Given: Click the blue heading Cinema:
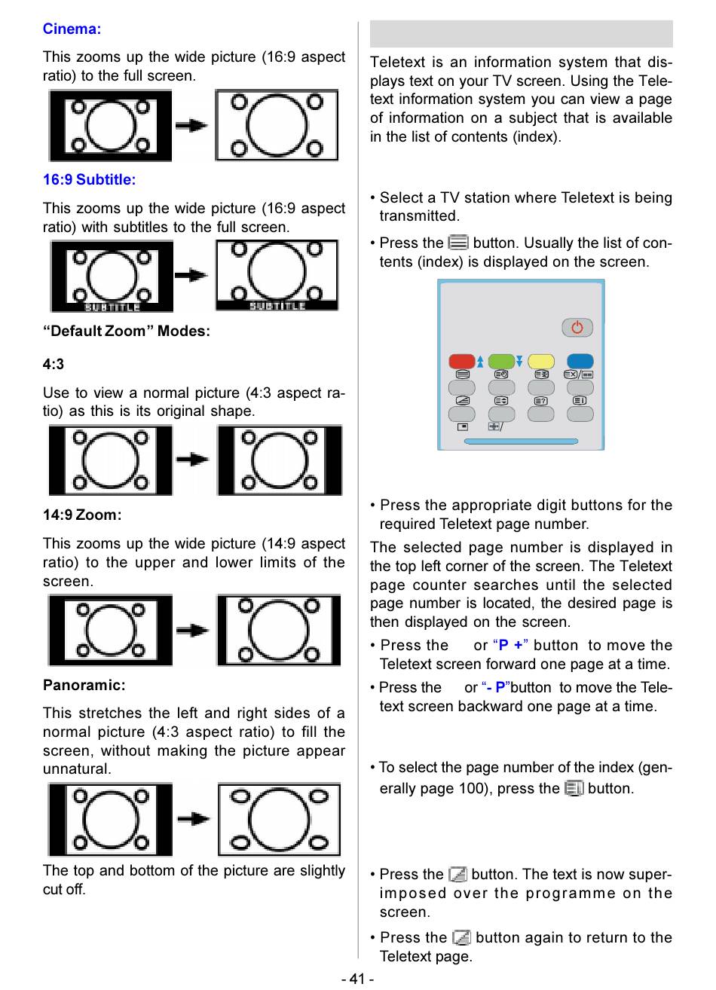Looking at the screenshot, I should (72, 29).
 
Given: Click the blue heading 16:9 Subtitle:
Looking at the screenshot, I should (89, 180).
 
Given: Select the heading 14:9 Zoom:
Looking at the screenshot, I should (82, 515).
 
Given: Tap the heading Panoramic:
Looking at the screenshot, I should (84, 686).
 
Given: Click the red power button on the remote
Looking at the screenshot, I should (577, 328).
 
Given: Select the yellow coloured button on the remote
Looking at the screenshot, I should (541, 361).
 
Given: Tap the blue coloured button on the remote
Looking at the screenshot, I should (580, 361).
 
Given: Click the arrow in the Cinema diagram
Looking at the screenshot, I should (192, 125).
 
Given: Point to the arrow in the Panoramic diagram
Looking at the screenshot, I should (194, 818).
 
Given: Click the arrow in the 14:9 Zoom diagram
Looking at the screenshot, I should (194, 630).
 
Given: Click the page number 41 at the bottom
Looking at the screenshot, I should (357, 979).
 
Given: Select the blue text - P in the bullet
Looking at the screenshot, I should (496, 688).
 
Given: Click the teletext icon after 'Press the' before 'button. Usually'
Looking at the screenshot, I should (457, 243).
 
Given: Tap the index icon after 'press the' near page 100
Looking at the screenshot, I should (574, 788).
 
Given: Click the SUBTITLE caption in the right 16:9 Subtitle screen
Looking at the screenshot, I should (277, 306).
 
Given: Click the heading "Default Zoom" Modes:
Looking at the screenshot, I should (127, 332).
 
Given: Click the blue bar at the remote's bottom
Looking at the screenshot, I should (521, 442).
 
